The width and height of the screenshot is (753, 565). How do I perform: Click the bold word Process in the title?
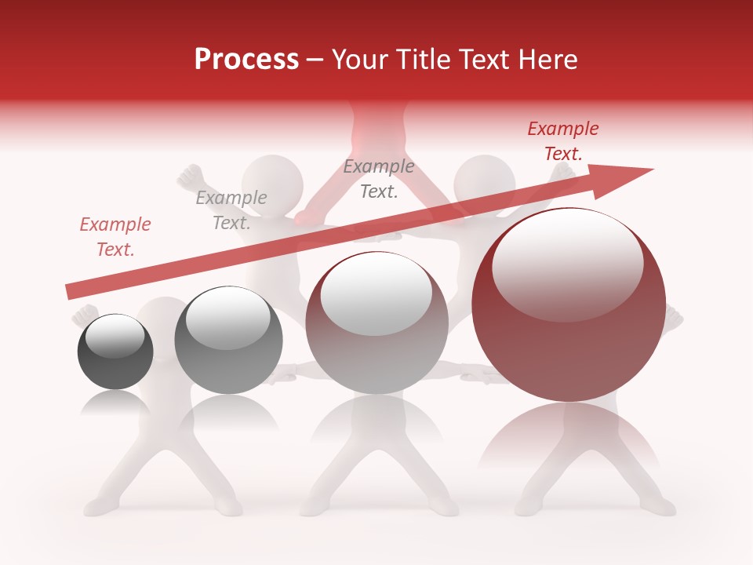click(x=246, y=60)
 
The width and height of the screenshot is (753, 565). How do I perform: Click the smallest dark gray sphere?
click(x=115, y=352)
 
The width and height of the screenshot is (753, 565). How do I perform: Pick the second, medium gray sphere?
click(x=228, y=341)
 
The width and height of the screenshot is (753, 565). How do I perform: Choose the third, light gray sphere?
click(x=376, y=323)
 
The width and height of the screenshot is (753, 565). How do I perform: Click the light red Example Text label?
click(x=115, y=237)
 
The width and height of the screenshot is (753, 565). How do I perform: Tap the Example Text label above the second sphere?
click(x=231, y=210)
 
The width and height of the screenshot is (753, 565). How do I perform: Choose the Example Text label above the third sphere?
click(x=379, y=179)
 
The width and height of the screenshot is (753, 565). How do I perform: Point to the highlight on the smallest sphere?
click(x=115, y=336)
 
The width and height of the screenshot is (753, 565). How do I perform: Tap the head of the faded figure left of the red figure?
click(x=271, y=180)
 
